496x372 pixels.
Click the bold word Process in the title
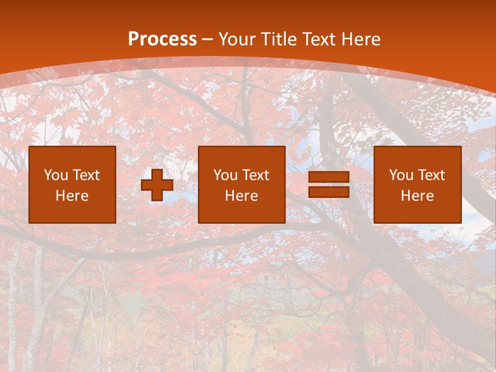pos(162,39)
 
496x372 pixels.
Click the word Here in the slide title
pos(362,39)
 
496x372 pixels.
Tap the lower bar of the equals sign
pos(329,192)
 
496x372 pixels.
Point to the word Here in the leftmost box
pos(72,196)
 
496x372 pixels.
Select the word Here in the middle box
pos(241,196)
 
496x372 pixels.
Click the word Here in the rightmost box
pos(417,196)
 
